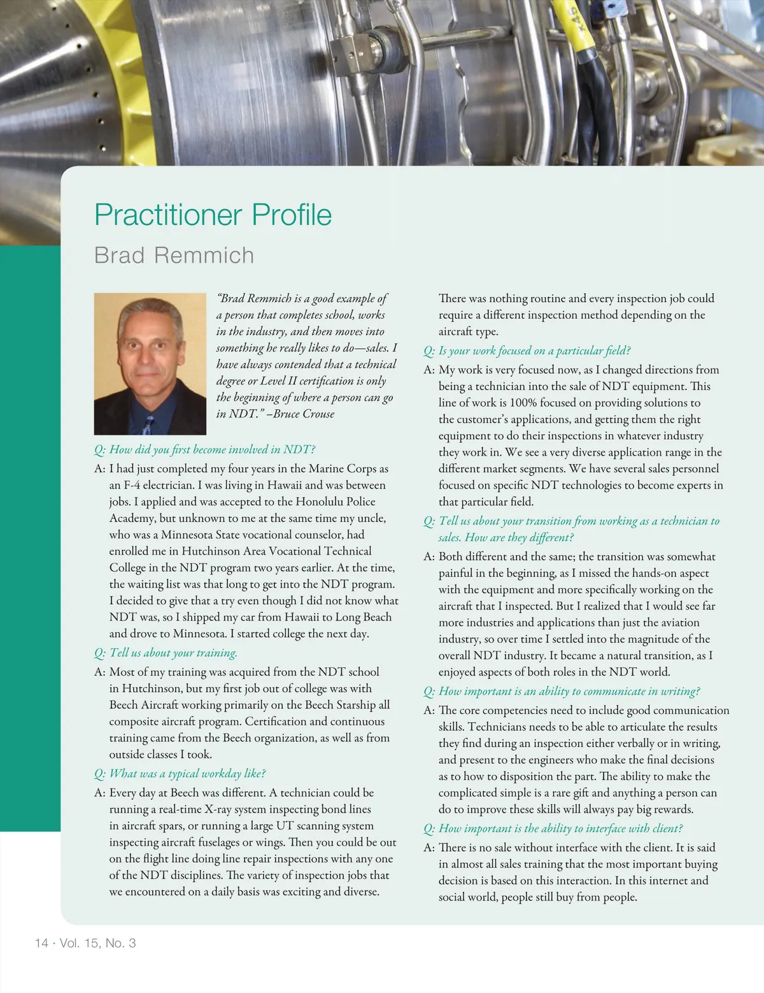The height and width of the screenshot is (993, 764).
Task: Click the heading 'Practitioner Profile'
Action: click(x=213, y=215)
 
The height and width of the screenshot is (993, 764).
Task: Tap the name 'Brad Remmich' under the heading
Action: click(x=174, y=255)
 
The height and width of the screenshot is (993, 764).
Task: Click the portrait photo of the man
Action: click(x=150, y=363)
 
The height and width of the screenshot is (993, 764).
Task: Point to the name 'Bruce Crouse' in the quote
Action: click(x=304, y=414)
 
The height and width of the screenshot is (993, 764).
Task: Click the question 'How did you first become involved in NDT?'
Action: click(x=205, y=449)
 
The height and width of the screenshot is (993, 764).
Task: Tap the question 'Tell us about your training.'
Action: click(x=166, y=653)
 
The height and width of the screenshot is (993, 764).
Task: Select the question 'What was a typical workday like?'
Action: click(x=180, y=774)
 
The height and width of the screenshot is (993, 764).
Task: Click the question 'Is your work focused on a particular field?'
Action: click(x=527, y=351)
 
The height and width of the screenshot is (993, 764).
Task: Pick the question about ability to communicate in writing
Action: click(x=562, y=692)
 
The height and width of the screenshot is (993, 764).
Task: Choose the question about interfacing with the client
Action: click(x=553, y=829)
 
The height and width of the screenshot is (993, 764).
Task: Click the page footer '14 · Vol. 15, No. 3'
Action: click(x=85, y=943)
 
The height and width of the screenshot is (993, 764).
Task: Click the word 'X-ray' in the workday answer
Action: click(x=220, y=809)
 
